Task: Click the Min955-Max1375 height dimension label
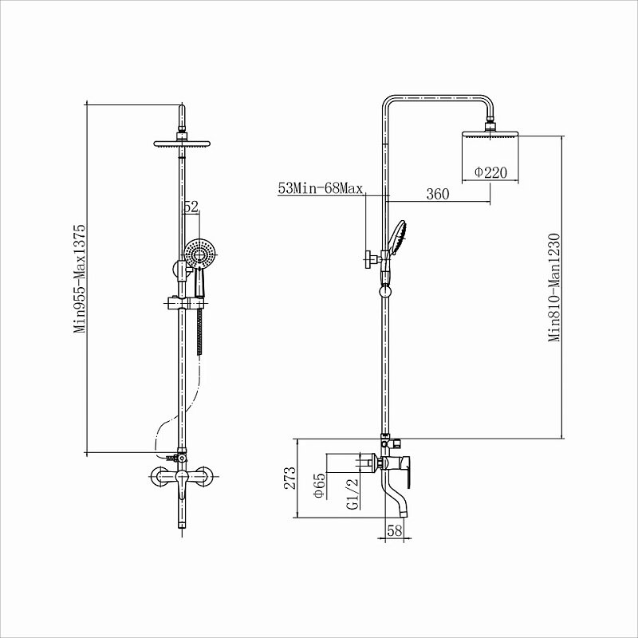(x=80, y=278)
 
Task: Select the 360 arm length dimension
(x=437, y=194)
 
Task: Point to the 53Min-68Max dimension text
(x=321, y=188)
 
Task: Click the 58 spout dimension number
(x=394, y=530)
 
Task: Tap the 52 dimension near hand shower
(x=191, y=207)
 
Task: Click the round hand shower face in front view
(x=199, y=254)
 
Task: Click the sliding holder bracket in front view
(x=182, y=303)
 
